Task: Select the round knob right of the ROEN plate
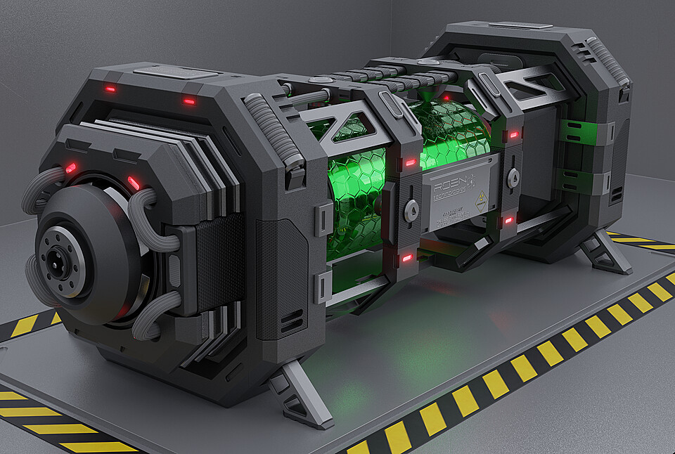point(513,177)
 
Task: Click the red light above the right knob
point(514,134)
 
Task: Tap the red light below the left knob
point(406,258)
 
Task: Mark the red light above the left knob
point(410,163)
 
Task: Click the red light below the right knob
point(508,221)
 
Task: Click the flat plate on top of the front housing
point(175,72)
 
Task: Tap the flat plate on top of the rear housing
point(520,25)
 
